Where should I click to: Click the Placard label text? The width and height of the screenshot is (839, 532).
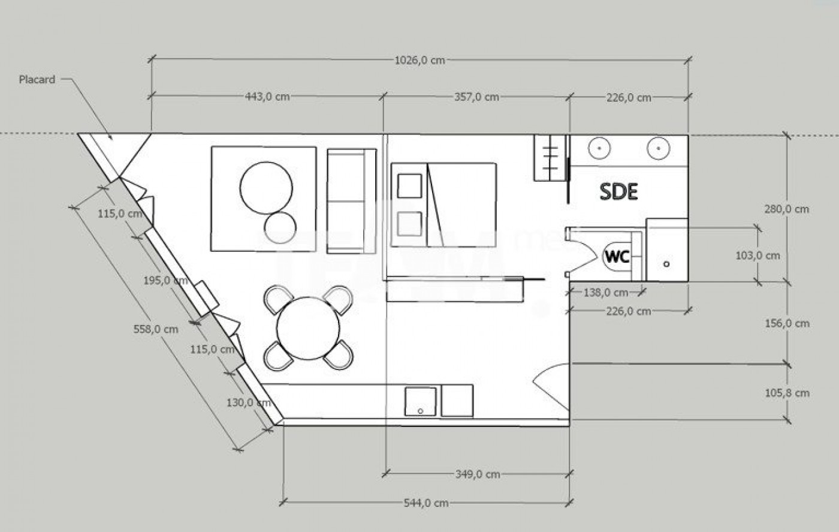(37, 79)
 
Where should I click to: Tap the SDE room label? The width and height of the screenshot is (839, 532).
(619, 192)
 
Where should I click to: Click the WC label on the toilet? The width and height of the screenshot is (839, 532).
(617, 257)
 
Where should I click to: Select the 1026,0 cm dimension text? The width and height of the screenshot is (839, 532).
(419, 60)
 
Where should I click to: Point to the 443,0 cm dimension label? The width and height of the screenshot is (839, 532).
(267, 97)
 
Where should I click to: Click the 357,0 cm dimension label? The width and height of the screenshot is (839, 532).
(476, 97)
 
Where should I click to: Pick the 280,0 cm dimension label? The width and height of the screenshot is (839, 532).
(786, 209)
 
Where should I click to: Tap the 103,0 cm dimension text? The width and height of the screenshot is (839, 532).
(757, 256)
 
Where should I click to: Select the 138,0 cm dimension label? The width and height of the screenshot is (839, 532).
(605, 293)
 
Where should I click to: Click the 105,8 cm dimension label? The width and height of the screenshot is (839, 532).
(787, 393)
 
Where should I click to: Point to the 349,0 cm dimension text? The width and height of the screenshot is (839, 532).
(478, 474)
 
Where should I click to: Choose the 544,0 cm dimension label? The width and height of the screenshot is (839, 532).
(426, 503)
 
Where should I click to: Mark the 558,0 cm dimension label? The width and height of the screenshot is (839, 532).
(156, 329)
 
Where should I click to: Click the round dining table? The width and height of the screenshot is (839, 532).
(308, 328)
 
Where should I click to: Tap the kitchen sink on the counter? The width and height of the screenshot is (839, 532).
(420, 401)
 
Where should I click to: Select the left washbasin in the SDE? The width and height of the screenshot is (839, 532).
(599, 148)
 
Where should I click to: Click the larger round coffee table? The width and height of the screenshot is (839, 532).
(266, 188)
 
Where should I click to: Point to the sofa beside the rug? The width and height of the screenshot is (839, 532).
(351, 201)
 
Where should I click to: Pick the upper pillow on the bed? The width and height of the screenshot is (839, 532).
(409, 186)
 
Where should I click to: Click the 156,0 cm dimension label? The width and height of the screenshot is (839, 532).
(787, 323)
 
